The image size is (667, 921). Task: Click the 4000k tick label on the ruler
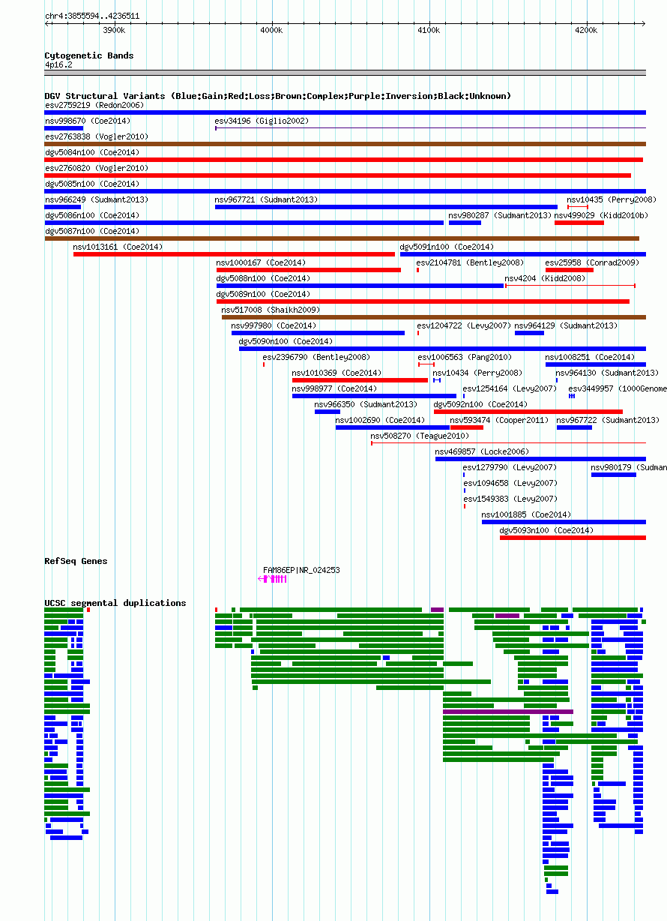coord(271,31)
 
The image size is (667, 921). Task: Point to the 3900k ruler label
coord(114,31)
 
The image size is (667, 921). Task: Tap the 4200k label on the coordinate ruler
coord(586,31)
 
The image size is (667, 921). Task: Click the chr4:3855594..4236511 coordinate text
coord(92,16)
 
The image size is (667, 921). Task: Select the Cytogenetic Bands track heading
coord(88,55)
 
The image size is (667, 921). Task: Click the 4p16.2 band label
coord(58,65)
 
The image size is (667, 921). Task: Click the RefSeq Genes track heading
coord(76,561)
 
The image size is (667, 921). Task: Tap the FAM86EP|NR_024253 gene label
coord(301,570)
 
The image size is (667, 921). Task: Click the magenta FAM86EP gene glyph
coord(272,579)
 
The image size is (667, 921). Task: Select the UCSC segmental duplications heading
coord(115,603)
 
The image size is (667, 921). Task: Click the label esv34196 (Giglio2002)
coord(262,121)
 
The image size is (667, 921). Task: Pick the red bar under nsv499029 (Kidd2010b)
coord(579,223)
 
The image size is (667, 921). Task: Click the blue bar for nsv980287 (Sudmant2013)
coord(465,223)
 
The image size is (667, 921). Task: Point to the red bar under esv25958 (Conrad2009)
coord(569,270)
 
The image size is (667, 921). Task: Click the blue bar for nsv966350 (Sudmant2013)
coord(328,412)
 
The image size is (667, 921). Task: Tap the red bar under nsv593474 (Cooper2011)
coord(467,427)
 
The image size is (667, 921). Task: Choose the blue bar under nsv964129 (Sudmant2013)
coord(529,333)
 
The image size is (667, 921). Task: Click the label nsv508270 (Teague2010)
coord(420,436)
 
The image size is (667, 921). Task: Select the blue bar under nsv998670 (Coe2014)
coord(64,128)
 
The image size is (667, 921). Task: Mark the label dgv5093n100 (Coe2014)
coord(546,530)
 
